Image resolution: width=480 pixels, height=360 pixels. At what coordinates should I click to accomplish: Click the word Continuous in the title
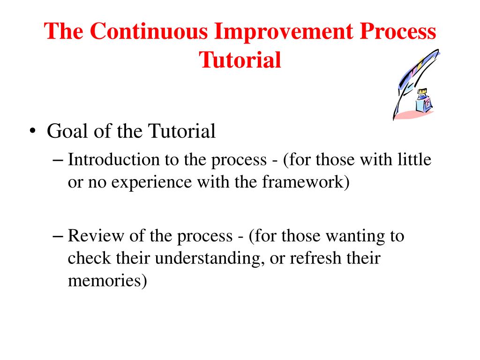(149, 31)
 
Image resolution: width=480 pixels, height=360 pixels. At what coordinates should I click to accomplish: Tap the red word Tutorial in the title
(240, 60)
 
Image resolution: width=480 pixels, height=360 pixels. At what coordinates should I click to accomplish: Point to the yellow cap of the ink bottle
(422, 91)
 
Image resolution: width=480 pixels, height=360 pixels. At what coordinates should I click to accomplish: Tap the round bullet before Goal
(32, 131)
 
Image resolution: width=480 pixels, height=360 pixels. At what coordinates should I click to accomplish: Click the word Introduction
(113, 159)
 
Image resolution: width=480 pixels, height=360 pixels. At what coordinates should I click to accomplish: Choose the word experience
(151, 183)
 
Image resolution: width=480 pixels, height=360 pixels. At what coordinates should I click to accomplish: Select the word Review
(96, 236)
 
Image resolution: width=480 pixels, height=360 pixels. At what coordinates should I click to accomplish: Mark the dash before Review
(58, 237)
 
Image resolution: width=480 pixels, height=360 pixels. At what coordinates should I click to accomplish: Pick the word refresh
(315, 258)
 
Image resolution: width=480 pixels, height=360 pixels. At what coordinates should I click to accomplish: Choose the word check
(89, 258)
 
